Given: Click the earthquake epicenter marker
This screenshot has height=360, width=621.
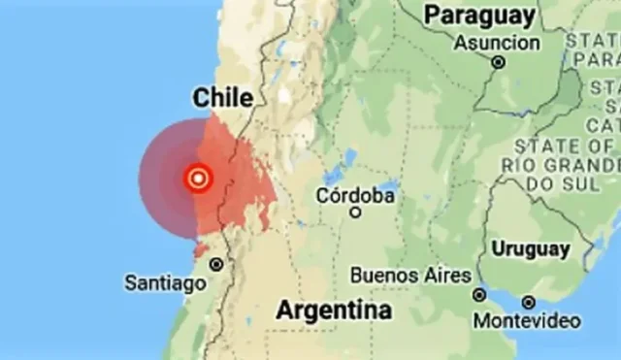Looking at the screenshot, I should [x=199, y=178].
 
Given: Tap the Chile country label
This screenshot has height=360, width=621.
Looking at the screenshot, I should [x=222, y=97].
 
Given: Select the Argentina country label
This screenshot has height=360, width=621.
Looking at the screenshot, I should [x=335, y=311].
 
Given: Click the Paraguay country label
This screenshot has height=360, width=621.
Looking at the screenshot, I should [x=479, y=15].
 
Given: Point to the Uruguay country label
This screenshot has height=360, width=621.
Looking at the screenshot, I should [x=530, y=248].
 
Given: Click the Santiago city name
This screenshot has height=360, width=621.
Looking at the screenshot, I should [x=165, y=283].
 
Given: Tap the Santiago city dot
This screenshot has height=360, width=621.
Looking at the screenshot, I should [x=216, y=264].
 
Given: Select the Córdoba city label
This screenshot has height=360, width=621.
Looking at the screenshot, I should [x=355, y=195].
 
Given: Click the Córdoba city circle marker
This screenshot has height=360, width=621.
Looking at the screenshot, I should [x=355, y=212].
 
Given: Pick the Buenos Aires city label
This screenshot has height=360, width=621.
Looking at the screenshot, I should [x=411, y=276].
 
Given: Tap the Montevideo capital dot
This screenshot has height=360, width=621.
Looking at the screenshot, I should [x=528, y=303].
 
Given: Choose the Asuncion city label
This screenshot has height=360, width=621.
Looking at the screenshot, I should [x=497, y=43].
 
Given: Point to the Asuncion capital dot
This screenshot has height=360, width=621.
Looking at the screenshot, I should [x=499, y=61].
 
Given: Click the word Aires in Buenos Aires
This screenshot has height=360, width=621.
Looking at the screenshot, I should [x=446, y=276].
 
